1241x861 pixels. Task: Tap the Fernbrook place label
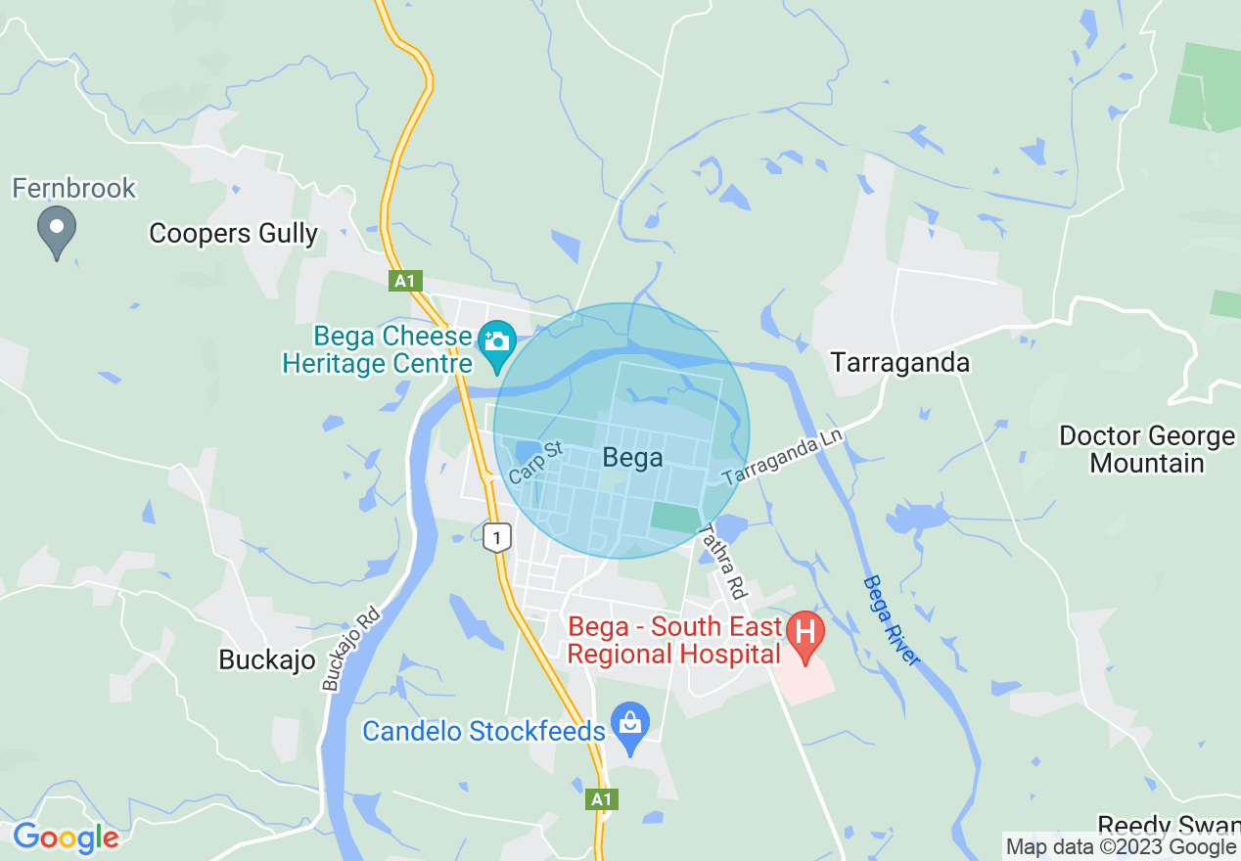coord(74,188)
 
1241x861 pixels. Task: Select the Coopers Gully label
coord(233,233)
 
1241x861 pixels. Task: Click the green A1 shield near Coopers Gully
coord(404,282)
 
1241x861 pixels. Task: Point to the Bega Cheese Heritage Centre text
coord(378,350)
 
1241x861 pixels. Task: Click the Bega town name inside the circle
coord(632,457)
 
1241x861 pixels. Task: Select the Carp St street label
coord(536,463)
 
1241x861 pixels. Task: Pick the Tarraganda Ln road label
coord(782,456)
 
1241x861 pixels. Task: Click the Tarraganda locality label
coord(900,363)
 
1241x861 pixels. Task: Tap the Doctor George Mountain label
coord(1147,449)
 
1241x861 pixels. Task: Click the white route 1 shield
coord(498,537)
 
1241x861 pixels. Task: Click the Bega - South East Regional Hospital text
coord(676,641)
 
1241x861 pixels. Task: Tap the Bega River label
coord(892,621)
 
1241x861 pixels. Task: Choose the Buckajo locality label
coord(267,660)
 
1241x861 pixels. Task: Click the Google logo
coord(66,838)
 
